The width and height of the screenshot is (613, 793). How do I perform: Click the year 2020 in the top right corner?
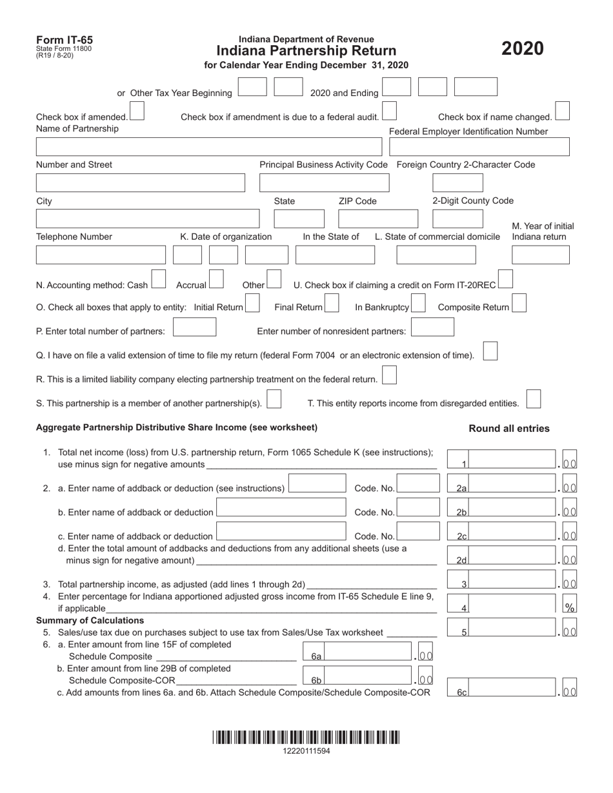(x=523, y=49)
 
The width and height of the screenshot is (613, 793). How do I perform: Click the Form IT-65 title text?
(x=65, y=40)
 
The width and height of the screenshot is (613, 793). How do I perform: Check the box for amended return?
(x=137, y=113)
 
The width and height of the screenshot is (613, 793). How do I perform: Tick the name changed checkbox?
(x=562, y=111)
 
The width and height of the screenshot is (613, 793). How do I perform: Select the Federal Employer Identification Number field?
(x=479, y=147)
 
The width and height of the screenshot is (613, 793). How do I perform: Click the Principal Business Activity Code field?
(x=324, y=183)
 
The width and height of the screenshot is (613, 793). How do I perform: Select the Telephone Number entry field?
(x=101, y=255)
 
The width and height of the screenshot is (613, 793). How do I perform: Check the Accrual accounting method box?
(x=216, y=279)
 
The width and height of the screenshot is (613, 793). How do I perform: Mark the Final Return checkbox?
(x=332, y=303)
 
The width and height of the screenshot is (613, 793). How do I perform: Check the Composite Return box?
(x=519, y=303)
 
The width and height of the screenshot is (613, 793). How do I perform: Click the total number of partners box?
(x=195, y=328)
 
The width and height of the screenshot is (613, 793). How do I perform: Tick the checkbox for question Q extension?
(x=490, y=351)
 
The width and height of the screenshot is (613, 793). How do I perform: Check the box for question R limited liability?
(x=389, y=375)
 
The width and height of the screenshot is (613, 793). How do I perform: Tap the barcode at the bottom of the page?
(x=306, y=738)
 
